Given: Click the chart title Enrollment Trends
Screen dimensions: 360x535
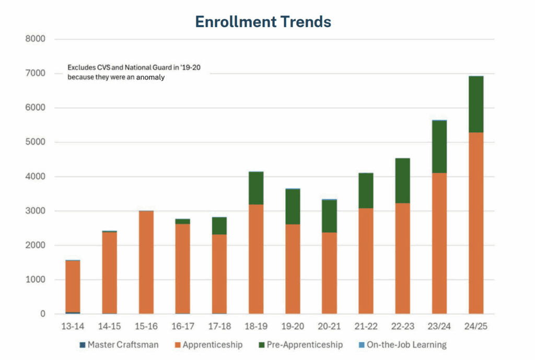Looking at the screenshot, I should point(263,21).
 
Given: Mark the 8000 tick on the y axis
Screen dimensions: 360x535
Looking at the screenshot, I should point(35,39).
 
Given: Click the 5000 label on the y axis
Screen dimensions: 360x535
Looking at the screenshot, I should point(35,142).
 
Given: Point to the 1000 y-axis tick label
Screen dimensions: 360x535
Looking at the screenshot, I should point(35,280).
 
